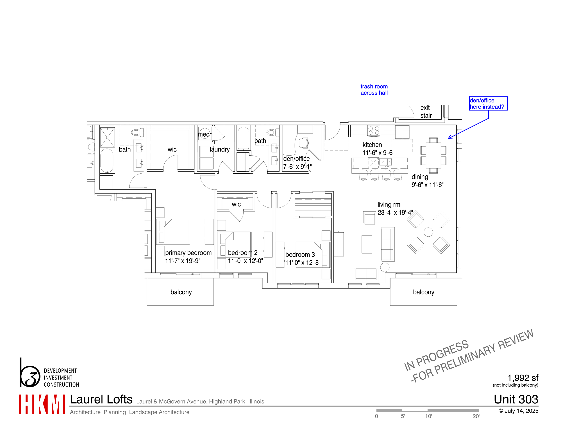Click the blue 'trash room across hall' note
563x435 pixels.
point(374,90)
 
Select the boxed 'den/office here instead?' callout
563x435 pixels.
point(488,104)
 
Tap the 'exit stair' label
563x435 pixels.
point(426,112)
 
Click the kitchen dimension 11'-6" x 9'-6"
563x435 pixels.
point(378,153)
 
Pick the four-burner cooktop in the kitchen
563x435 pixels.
point(374,130)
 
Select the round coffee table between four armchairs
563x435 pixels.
point(428,232)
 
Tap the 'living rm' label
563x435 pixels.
point(389,205)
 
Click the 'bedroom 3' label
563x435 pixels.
point(300,255)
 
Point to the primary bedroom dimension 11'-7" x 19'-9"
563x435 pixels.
point(182,261)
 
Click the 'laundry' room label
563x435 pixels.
point(219,150)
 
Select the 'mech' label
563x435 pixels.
point(205,134)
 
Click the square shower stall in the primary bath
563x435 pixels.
point(107,137)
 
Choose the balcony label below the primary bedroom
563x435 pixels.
point(181,292)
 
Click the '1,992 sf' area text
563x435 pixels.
point(522,378)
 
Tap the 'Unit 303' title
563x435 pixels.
point(516,399)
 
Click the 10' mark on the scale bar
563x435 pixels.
point(428,416)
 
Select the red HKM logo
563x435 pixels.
point(42,404)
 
